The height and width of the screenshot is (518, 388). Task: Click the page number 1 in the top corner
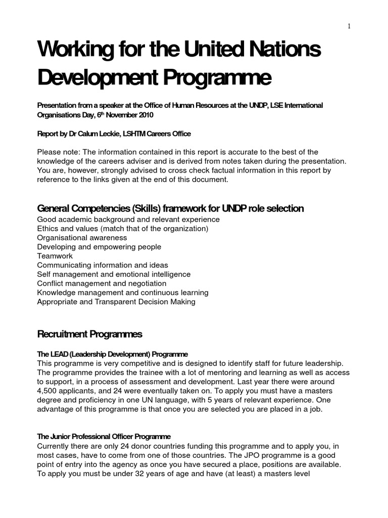(349, 27)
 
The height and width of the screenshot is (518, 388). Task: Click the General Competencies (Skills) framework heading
(171, 208)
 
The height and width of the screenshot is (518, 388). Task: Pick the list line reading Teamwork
(55, 256)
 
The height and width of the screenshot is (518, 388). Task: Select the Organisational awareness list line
(82, 238)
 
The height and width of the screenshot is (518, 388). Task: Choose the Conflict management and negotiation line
(102, 283)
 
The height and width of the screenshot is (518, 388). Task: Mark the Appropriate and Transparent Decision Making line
(116, 302)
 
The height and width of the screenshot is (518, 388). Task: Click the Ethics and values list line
(123, 229)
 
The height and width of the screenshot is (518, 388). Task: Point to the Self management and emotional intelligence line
(114, 274)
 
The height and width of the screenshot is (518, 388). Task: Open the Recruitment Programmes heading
(90, 334)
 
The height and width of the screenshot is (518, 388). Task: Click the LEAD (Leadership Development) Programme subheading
(113, 354)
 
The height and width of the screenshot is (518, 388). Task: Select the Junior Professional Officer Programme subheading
(104, 437)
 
